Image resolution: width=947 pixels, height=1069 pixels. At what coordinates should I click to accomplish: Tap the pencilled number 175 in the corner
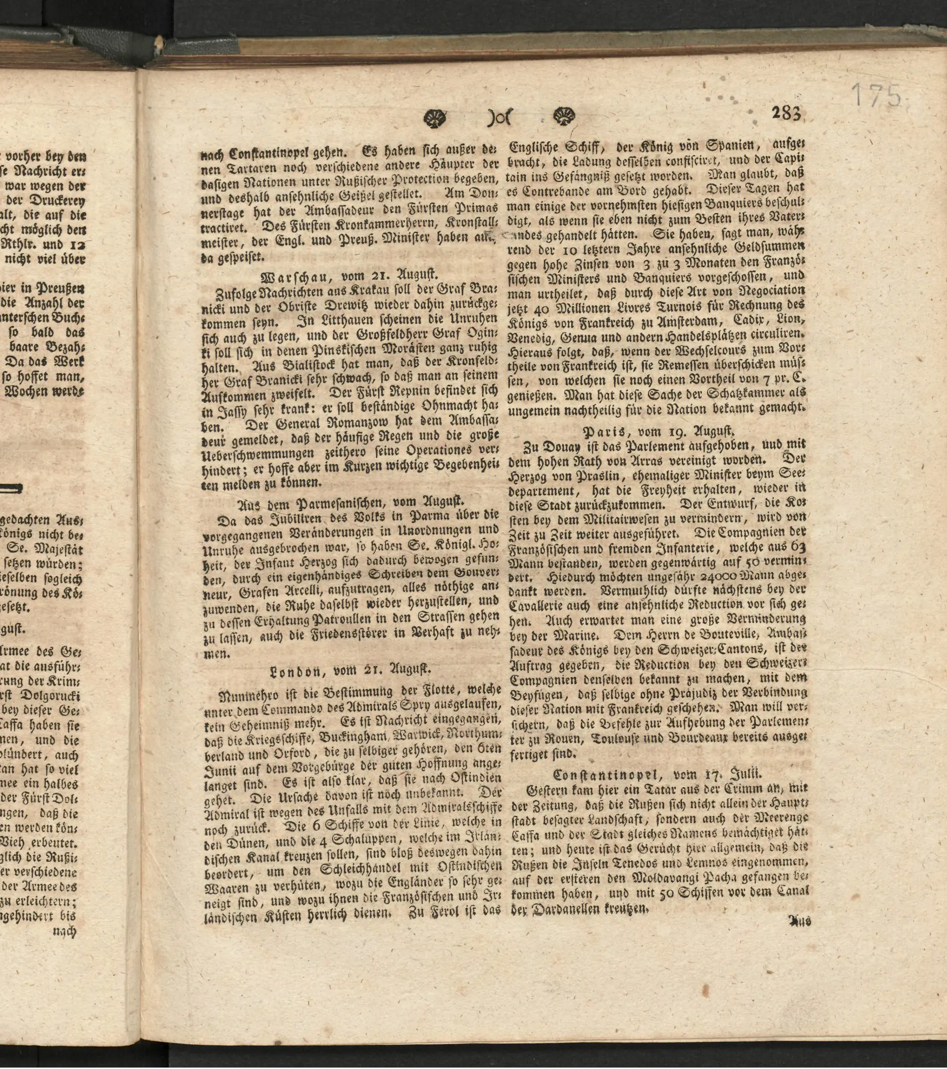click(x=877, y=94)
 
